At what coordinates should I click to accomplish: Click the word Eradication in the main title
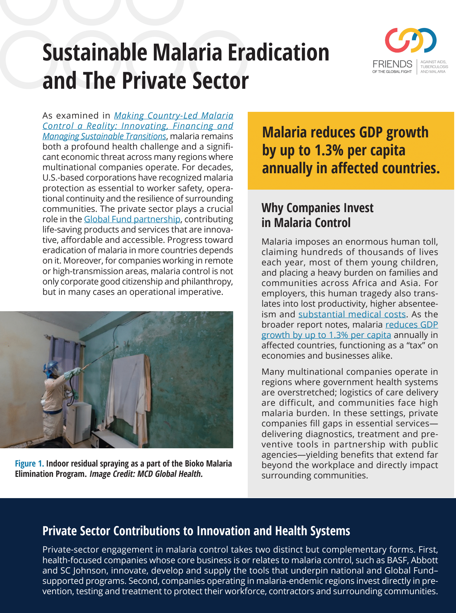(x=278, y=53)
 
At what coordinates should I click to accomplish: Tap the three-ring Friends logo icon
(x=410, y=40)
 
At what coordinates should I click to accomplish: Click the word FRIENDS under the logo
(x=392, y=64)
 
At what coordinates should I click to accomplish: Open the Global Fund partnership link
(x=132, y=219)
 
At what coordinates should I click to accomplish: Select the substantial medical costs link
(x=352, y=314)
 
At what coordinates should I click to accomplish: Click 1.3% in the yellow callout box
(x=329, y=150)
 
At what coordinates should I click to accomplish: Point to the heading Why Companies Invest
(x=317, y=208)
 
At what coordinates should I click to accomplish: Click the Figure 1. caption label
(x=29, y=464)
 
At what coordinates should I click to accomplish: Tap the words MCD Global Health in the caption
(x=170, y=474)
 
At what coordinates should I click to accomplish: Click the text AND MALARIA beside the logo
(x=433, y=72)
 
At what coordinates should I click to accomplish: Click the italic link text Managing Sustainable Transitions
(x=104, y=136)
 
